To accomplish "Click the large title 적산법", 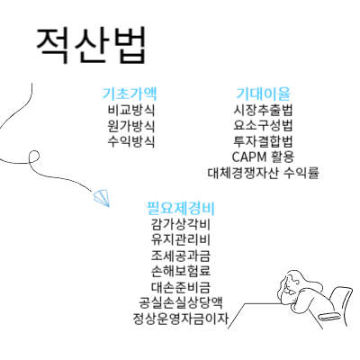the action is pyautogui.click(x=91, y=45).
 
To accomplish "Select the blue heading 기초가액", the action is pyautogui.click(x=130, y=94).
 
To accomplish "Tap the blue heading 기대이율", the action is pyautogui.click(x=263, y=94).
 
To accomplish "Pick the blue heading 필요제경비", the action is pyautogui.click(x=181, y=208).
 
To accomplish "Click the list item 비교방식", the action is pyautogui.click(x=131, y=110).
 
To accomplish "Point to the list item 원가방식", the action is pyautogui.click(x=131, y=126).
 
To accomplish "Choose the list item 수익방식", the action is pyautogui.click(x=131, y=141).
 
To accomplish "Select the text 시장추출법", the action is pyautogui.click(x=263, y=110).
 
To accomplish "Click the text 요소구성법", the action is pyautogui.click(x=263, y=126).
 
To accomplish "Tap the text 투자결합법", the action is pyautogui.click(x=263, y=141).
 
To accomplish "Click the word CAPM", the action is pyautogui.click(x=249, y=157).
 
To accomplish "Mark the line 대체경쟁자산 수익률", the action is pyautogui.click(x=263, y=173).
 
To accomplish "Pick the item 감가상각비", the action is pyautogui.click(x=181, y=225).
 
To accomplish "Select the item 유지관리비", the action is pyautogui.click(x=181, y=240).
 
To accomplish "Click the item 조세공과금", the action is pyautogui.click(x=181, y=256).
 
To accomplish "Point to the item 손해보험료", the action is pyautogui.click(x=181, y=271).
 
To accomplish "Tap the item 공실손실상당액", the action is pyautogui.click(x=181, y=302).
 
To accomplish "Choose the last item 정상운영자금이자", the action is pyautogui.click(x=181, y=319).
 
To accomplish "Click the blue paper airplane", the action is pyautogui.click(x=101, y=198).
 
